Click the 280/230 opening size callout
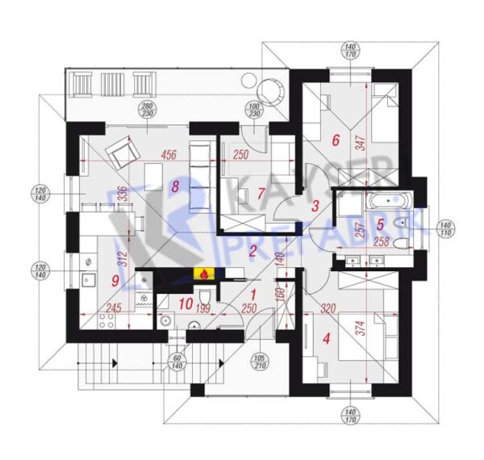coord(146,111)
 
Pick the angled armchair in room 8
coord(123,153)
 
